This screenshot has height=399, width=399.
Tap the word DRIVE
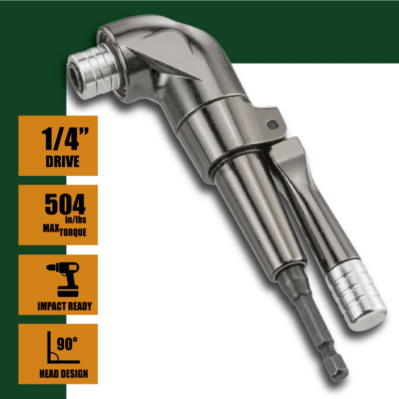[x=63, y=161]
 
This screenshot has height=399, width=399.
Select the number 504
[x=65, y=204]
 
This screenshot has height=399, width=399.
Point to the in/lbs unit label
[x=76, y=219]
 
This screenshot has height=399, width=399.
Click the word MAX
[x=51, y=228]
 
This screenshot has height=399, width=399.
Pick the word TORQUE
[x=73, y=232]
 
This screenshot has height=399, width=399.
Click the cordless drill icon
[x=63, y=279]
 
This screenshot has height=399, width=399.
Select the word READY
[x=79, y=306]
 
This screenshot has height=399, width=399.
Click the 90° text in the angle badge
[x=67, y=344]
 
